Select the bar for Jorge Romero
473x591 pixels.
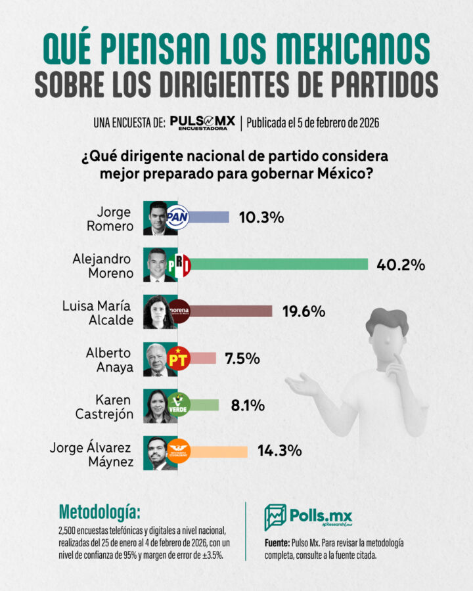pyautogui.click(x=210, y=217)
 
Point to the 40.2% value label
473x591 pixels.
pyautogui.click(x=401, y=265)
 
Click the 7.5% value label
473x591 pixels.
pyautogui.click(x=242, y=359)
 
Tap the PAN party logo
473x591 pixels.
pyautogui.click(x=177, y=217)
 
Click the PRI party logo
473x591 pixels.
pyautogui.click(x=179, y=264)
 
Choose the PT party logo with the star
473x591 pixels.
pyautogui.click(x=178, y=358)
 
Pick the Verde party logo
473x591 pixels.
pyautogui.click(x=179, y=405)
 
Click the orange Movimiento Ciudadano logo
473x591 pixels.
pyautogui.click(x=178, y=451)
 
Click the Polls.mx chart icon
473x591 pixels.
pyautogui.click(x=275, y=517)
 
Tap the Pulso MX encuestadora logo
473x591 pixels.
pyautogui.click(x=202, y=123)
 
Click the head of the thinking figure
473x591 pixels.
pyautogui.click(x=388, y=328)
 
